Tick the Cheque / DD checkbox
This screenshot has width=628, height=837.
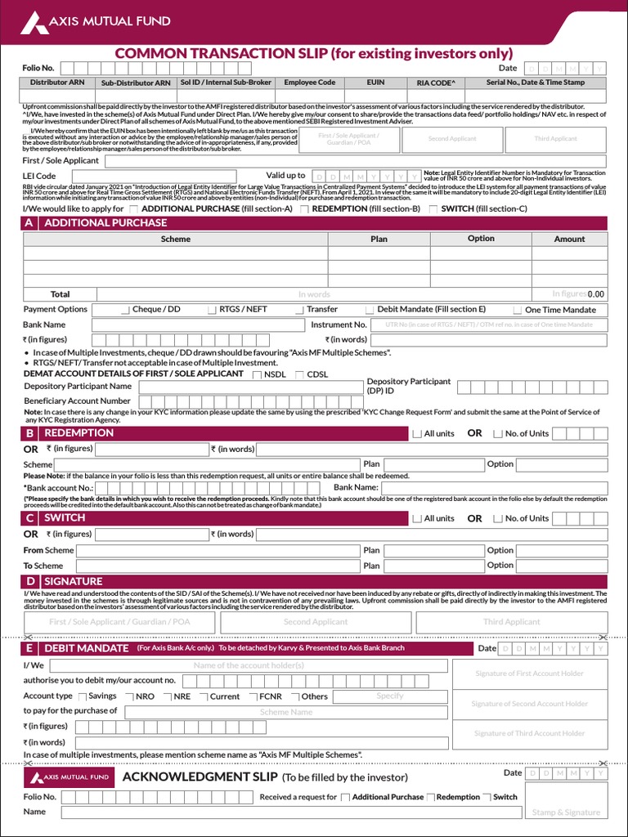click(125, 310)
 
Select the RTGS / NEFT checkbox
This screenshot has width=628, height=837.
click(213, 310)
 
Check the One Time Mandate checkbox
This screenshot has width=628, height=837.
click(518, 311)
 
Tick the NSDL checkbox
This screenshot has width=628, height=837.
click(258, 374)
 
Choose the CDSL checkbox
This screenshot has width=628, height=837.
click(299, 374)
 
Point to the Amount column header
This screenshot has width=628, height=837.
click(569, 239)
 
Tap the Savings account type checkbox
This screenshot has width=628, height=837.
click(83, 696)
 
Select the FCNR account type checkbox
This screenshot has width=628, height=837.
click(253, 696)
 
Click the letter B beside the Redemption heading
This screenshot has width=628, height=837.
click(29, 433)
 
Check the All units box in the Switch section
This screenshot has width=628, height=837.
click(417, 519)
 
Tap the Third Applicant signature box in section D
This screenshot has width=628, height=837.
click(511, 622)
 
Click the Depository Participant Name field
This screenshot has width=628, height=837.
click(249, 387)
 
